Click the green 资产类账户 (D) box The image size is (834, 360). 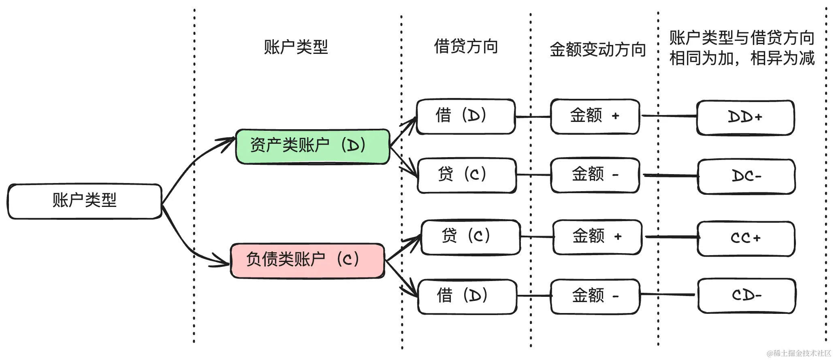click(x=313, y=147)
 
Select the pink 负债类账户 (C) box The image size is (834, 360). click(x=307, y=261)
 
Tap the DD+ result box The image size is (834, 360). click(x=745, y=118)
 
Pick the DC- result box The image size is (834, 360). click(x=747, y=177)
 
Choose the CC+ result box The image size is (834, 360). click(x=746, y=239)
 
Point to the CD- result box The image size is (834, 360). click(x=747, y=296)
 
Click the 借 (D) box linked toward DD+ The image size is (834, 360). click(x=466, y=117)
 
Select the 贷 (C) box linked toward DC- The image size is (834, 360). click(x=467, y=175)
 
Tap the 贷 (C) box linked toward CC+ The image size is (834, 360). click(x=471, y=237)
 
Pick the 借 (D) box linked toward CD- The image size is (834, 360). click(x=467, y=296)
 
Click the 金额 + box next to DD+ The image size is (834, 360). click(x=595, y=117)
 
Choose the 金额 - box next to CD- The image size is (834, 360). click(x=595, y=296)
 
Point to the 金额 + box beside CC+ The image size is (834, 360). click(x=597, y=237)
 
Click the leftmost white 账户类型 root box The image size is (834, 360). click(x=85, y=202)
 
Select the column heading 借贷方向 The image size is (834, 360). click(x=466, y=46)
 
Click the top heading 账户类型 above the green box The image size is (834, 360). click(x=296, y=47)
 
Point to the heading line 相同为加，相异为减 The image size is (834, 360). click(x=742, y=58)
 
